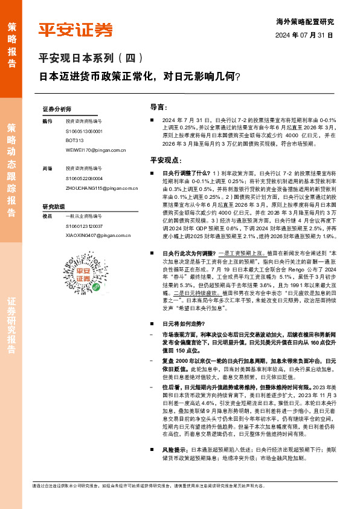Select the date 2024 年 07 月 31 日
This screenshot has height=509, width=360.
(304, 36)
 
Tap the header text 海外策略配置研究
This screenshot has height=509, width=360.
(308, 21)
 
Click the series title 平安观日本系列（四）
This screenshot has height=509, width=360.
(91, 59)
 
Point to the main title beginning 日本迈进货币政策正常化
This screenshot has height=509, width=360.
(139, 77)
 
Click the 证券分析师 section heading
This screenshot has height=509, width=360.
(57, 109)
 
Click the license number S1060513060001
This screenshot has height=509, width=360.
(84, 131)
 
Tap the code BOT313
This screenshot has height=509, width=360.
(74, 140)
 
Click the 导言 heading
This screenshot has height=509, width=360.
(158, 107)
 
